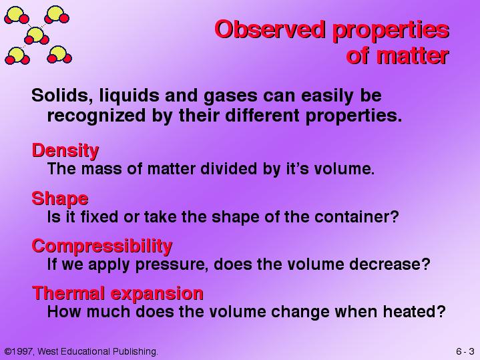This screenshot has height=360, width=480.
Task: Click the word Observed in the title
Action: coord(270,29)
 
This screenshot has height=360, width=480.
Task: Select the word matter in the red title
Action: coord(413,55)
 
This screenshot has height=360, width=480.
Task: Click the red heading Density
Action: coord(65,151)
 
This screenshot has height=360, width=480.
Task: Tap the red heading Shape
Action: coord(60,199)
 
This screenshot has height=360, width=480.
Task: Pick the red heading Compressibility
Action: coord(102,246)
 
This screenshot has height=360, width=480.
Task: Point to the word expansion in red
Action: coord(157,294)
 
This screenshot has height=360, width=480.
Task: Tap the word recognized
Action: coord(96,116)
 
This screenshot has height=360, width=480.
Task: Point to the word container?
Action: coord(356,216)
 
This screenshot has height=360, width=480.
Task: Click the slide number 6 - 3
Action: coord(465,351)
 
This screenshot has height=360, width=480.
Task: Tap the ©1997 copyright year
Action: coord(19,351)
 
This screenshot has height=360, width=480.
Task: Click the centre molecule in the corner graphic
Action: coord(37,36)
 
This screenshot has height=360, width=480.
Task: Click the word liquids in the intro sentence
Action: coord(130,96)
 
